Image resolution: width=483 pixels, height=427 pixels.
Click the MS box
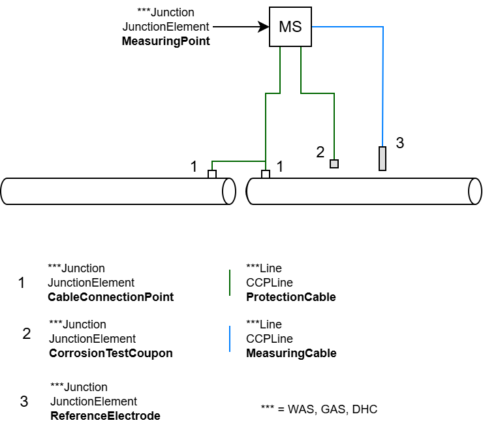(x=290, y=27)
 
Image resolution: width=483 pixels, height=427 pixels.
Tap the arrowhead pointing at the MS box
(x=264, y=27)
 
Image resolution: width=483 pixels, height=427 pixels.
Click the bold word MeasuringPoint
(x=166, y=42)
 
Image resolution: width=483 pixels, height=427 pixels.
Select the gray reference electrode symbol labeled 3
(x=382, y=159)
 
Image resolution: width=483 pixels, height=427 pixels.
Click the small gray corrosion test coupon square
(x=334, y=164)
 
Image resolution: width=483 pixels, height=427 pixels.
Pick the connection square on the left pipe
(x=211, y=174)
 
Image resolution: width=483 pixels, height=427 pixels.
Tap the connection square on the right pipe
(x=266, y=174)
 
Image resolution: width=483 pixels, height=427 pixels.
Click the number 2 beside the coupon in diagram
(x=320, y=152)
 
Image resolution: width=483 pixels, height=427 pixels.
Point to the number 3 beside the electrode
(x=400, y=143)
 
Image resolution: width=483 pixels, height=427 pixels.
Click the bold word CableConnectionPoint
(x=110, y=297)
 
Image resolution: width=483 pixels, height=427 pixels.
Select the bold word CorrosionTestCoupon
(x=112, y=353)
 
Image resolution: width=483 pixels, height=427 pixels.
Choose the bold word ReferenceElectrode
(x=105, y=416)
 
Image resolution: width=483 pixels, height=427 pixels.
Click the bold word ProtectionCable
(x=290, y=297)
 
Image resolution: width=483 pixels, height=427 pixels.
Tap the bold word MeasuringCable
(x=291, y=353)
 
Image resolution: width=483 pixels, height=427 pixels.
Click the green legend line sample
(x=230, y=283)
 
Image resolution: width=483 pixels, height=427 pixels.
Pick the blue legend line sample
(x=230, y=339)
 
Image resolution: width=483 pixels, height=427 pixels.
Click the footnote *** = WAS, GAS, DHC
(x=319, y=409)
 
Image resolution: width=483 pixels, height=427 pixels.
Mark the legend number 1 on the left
(x=22, y=283)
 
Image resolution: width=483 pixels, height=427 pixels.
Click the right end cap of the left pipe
(x=228, y=191)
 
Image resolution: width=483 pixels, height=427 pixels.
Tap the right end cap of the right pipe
(x=475, y=191)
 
